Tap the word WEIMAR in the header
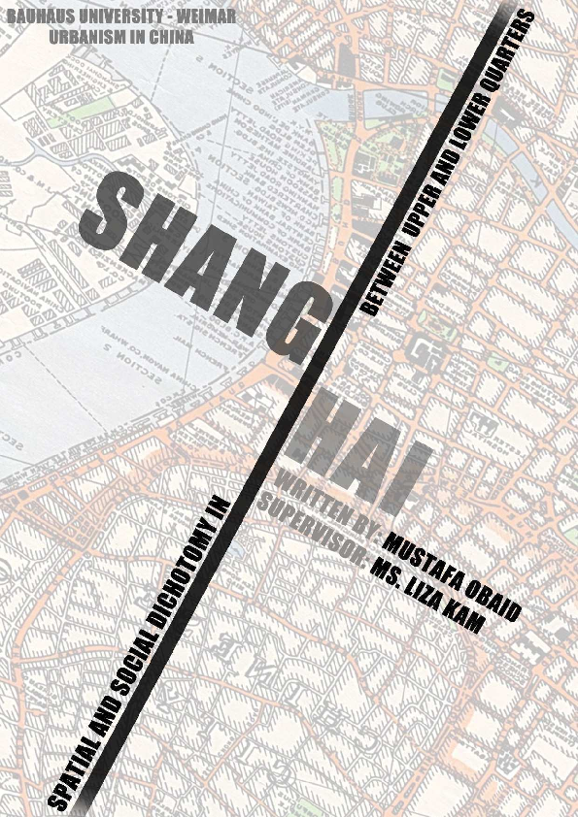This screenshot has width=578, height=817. pyautogui.click(x=208, y=19)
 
